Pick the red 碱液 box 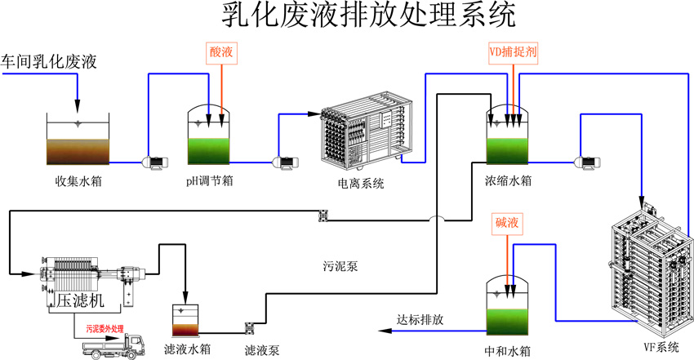507,222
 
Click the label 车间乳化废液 49,61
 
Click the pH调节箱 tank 210,135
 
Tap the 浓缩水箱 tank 509,135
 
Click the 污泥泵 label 336,266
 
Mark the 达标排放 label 420,319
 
